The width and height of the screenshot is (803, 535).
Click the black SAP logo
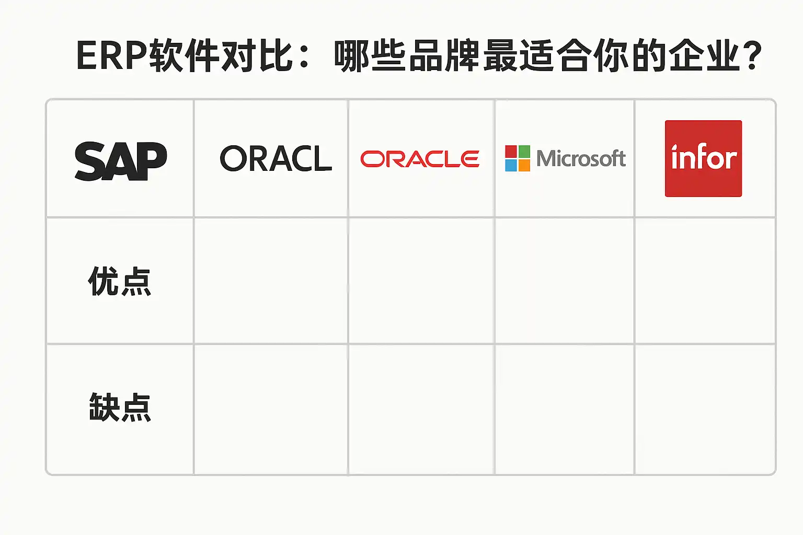coord(121,161)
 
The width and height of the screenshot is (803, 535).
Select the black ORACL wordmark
coord(276,159)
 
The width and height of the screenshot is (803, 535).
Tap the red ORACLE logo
coord(420,159)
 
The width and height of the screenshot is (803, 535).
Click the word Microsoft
coord(581,158)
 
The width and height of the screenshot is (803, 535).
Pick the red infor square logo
coord(703,158)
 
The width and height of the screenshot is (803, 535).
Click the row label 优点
coord(120,282)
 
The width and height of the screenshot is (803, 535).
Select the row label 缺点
coord(120,408)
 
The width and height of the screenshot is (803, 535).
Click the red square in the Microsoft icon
coord(511,152)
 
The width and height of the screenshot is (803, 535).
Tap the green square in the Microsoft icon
coord(524,152)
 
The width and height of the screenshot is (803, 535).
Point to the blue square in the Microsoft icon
coord(511,165)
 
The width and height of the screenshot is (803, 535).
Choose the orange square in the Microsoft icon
coord(524,165)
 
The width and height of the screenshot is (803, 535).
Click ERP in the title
coord(111,55)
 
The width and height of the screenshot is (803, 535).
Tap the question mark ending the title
coord(753,56)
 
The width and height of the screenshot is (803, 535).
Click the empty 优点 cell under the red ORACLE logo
coord(421,281)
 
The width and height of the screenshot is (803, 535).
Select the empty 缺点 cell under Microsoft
coord(565,409)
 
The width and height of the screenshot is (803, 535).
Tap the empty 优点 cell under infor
coord(705,281)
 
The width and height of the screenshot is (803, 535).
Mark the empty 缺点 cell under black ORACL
coord(271,409)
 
